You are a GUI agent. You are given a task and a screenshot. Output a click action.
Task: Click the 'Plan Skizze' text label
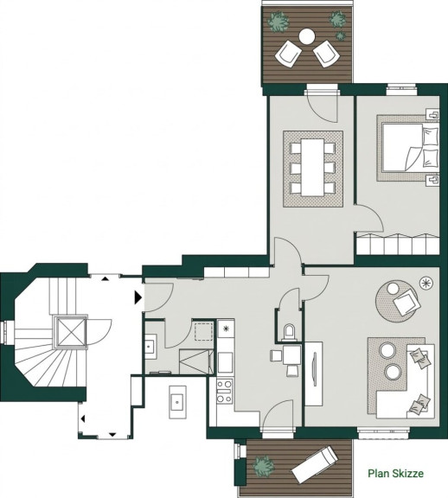pyautogui.click(x=395, y=473)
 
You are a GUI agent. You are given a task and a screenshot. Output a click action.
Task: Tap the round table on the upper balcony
pyautogui.click(x=307, y=36)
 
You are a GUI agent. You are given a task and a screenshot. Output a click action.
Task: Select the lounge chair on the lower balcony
pyautogui.click(x=315, y=464)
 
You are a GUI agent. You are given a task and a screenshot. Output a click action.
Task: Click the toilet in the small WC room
pyautogui.click(x=290, y=332)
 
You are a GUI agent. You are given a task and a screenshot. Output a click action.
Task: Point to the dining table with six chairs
pyautogui.click(x=312, y=168)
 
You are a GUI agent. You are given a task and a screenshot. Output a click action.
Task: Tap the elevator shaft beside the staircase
pyautogui.click(x=70, y=332)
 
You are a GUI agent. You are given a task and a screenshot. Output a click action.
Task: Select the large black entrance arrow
pyautogui.click(x=138, y=298)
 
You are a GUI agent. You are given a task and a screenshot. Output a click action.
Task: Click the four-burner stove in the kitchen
pyautogui.click(x=224, y=392)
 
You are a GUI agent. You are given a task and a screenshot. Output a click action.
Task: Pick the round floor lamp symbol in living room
pyautogui.click(x=426, y=283)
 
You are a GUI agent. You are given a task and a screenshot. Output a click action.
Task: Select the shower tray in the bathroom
pyautogui.click(x=196, y=361)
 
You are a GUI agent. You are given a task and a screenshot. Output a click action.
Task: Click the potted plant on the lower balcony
pyautogui.click(x=264, y=466)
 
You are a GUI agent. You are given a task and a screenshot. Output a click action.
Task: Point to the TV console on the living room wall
pyautogui.click(x=314, y=373)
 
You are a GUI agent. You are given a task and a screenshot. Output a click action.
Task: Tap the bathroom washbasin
pyautogui.click(x=150, y=347)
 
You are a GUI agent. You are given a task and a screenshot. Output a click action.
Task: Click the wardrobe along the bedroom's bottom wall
pyautogui.click(x=398, y=244)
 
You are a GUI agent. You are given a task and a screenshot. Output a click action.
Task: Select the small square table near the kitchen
pyautogui.click(x=291, y=354)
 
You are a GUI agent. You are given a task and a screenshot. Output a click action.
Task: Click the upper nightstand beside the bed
pyautogui.click(x=432, y=114)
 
